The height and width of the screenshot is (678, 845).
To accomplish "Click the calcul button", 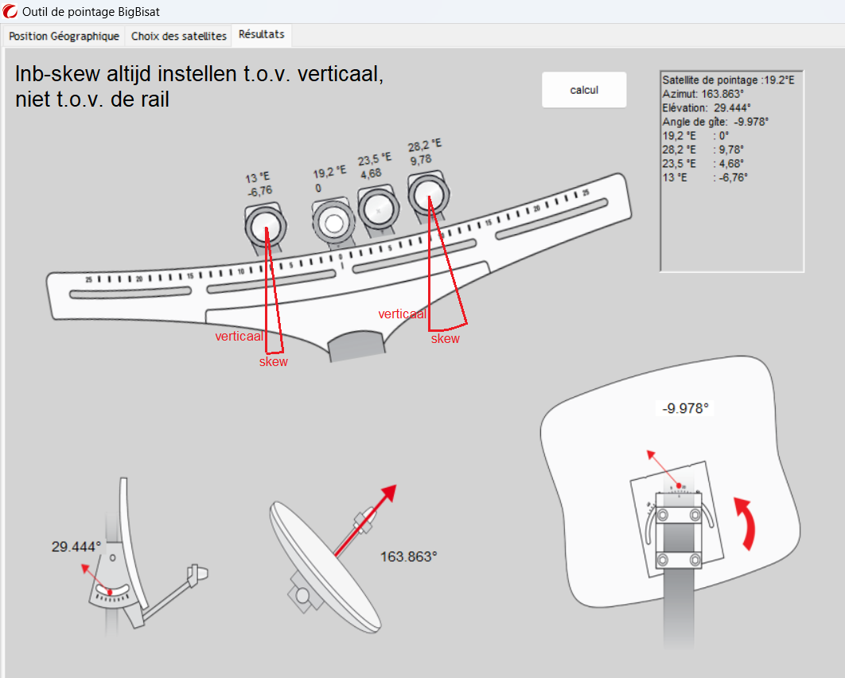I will pos(584,90).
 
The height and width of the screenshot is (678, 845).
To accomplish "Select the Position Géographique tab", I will pos(64,37).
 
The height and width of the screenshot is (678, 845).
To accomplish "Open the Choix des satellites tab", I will pos(179,37).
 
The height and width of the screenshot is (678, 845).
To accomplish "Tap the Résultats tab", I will pos(262,36).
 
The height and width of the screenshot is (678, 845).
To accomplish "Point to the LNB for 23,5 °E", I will pos(377,210).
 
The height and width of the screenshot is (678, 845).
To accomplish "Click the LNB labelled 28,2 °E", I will pos(429,194).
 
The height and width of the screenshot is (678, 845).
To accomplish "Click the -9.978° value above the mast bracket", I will pos(685,409).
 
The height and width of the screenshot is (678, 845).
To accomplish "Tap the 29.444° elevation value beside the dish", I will pos(76,547).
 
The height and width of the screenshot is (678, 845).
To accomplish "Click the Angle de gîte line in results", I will pos(715,122).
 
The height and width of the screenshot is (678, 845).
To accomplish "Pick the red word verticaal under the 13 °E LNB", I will pos(239,337).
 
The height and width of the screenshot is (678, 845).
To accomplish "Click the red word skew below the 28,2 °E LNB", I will pos(446,339).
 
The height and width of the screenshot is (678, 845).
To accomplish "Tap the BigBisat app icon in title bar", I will pos(10,11).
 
